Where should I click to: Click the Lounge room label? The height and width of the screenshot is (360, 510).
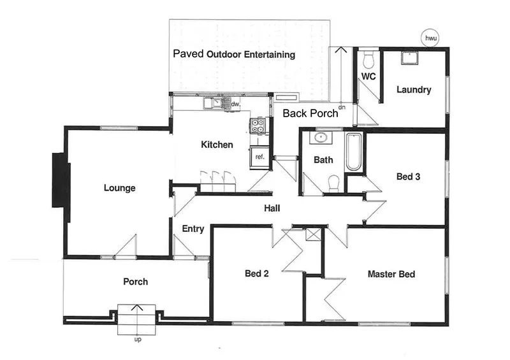pyautogui.click(x=120, y=188)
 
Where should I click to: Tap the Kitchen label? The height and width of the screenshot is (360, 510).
pyautogui.click(x=217, y=145)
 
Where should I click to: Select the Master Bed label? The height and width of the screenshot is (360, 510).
pyautogui.click(x=391, y=275)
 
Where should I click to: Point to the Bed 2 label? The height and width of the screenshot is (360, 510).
pyautogui.click(x=257, y=274)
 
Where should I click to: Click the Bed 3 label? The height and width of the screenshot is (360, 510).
pyautogui.click(x=408, y=176)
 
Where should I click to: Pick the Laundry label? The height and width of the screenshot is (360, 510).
pyautogui.click(x=414, y=90)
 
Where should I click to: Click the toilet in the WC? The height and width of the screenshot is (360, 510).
pyautogui.click(x=367, y=61)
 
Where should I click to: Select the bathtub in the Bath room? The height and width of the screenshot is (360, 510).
pyautogui.click(x=354, y=152)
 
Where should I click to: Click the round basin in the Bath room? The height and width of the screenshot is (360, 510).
pyautogui.click(x=321, y=138)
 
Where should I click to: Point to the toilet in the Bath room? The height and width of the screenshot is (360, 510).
pyautogui.click(x=332, y=184)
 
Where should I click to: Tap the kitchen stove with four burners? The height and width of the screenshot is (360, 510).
pyautogui.click(x=258, y=126)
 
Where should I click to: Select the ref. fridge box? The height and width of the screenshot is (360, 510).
pyautogui.click(x=259, y=157)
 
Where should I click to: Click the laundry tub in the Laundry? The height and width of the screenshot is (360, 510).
pyautogui.click(x=407, y=58)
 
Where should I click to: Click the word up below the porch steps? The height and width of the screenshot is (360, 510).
pyautogui.click(x=137, y=340)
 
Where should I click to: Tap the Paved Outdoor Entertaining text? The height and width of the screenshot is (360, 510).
pyautogui.click(x=234, y=54)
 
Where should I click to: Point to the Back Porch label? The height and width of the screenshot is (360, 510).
pyautogui.click(x=309, y=113)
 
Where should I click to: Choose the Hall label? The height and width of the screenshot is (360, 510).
pyautogui.click(x=273, y=208)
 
